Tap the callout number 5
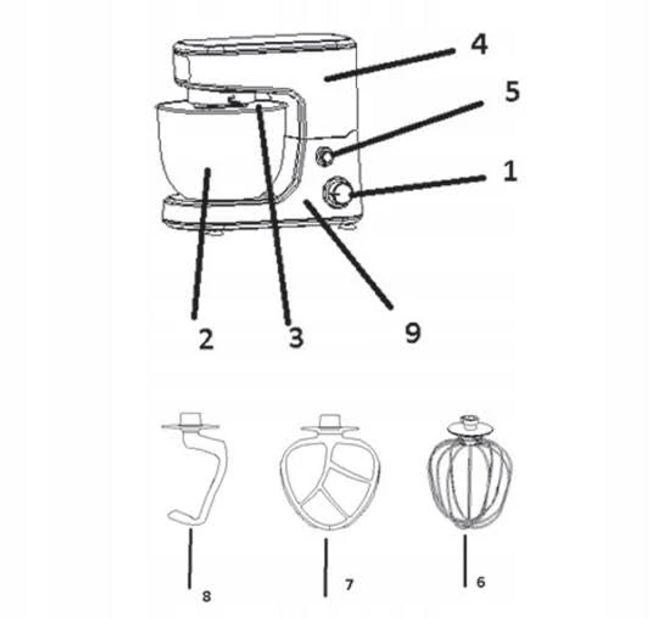512,91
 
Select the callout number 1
510,171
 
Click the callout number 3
296,338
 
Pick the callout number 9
412,332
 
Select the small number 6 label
480,582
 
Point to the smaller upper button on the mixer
325,157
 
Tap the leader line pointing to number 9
348,254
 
